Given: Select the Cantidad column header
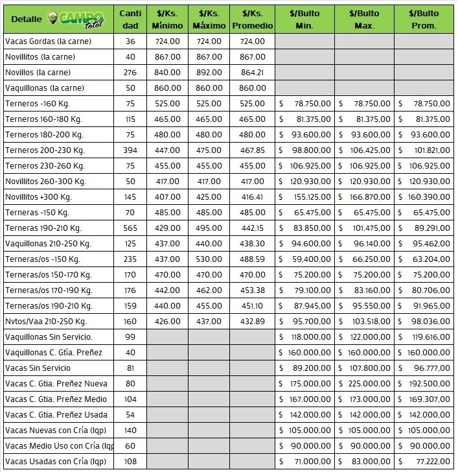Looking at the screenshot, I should tap(130, 19).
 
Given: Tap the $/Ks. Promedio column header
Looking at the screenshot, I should tap(252, 19).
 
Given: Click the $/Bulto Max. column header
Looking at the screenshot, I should tap(364, 19).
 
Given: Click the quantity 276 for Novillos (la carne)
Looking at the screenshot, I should tap(130, 73).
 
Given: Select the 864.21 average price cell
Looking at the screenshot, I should tap(252, 73).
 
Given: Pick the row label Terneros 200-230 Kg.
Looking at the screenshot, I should tap(45, 150).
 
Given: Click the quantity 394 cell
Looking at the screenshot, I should tap(130, 150).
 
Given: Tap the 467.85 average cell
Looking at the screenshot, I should tap(252, 150).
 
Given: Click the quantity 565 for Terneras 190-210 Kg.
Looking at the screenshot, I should tap(130, 228).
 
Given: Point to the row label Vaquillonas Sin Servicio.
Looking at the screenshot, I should tap(49, 337).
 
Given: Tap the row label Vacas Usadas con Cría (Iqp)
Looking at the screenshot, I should tap(56, 462).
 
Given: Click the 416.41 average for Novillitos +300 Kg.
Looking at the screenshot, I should tap(252, 197).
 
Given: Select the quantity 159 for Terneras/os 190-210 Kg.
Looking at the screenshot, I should tap(130, 306).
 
